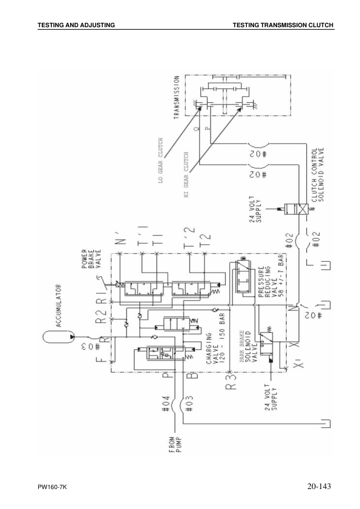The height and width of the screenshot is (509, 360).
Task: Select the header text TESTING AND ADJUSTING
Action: click(76, 25)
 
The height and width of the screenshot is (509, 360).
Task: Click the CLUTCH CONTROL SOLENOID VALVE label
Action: click(318, 175)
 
